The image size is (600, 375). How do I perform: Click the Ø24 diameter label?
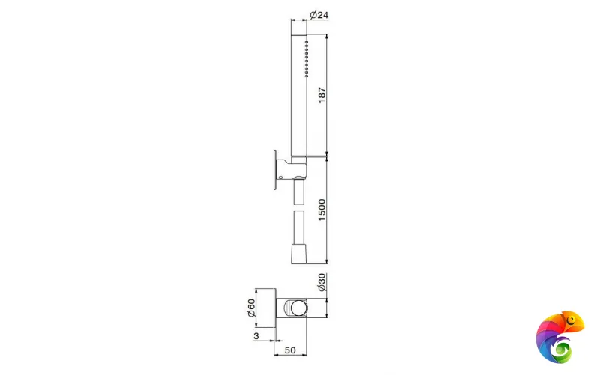tap(319, 15)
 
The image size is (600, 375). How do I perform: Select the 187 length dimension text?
tap(322, 95)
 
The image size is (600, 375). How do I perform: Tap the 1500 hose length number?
tap(322, 210)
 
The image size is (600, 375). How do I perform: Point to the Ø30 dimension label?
tap(322, 282)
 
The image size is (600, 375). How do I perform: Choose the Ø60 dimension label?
tap(251, 307)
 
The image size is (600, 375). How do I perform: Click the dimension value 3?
tap(256, 335)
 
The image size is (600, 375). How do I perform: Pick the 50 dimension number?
tap(290, 349)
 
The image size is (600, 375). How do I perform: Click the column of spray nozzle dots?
tap(307, 59)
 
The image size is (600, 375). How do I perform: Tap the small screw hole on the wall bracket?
tap(280, 178)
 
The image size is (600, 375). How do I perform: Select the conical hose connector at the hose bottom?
tap(298, 253)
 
